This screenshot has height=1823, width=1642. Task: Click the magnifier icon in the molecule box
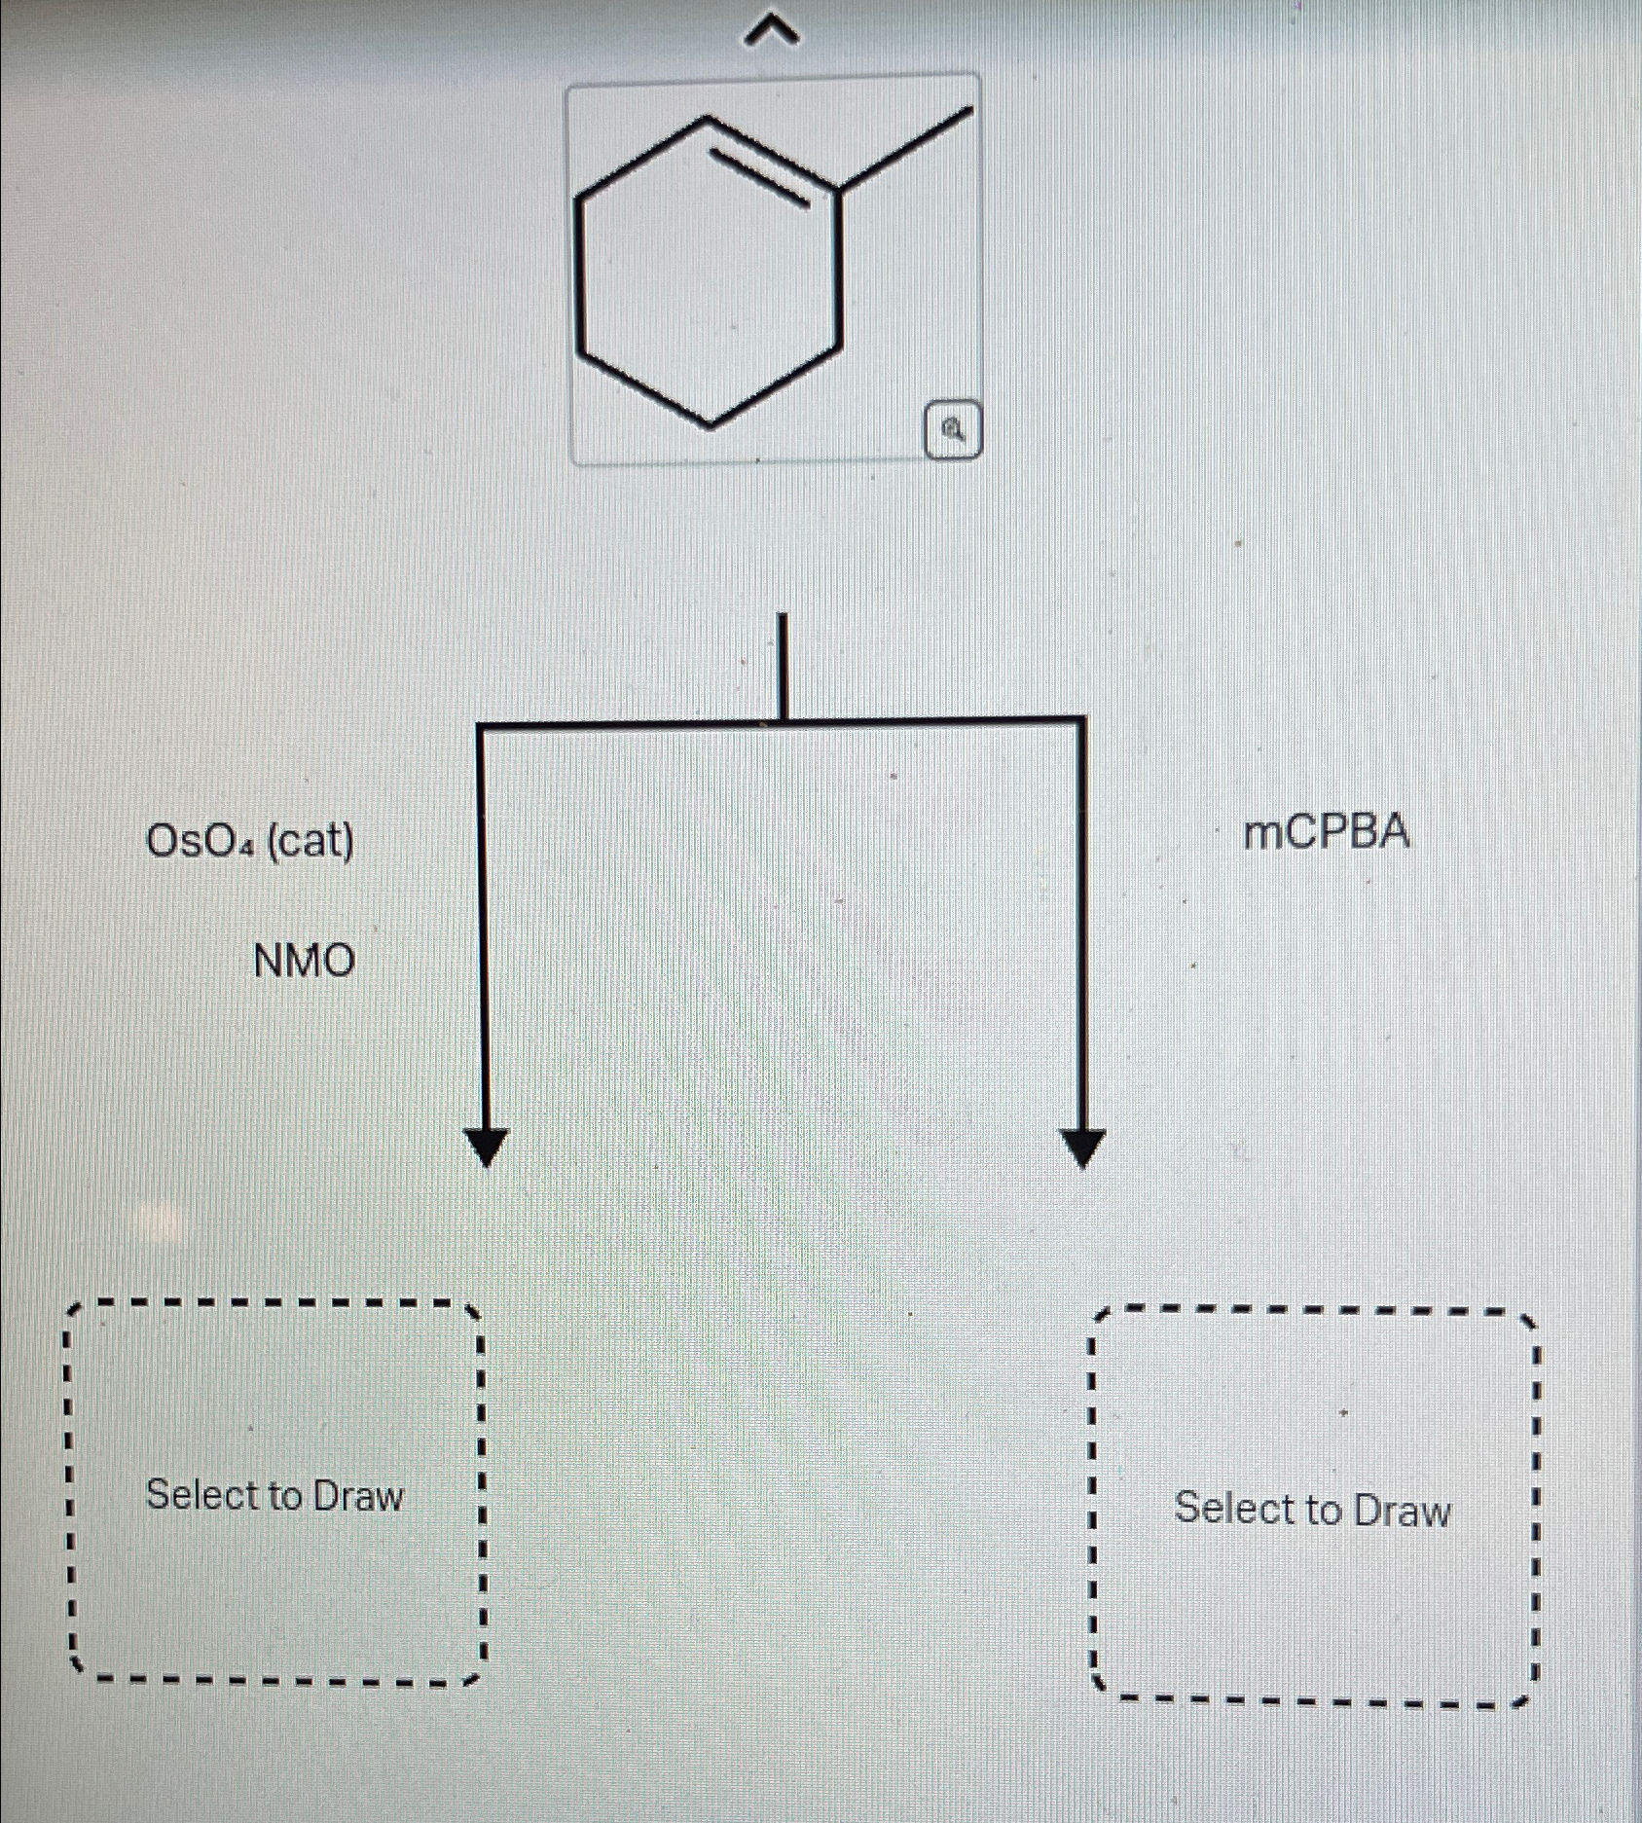(953, 429)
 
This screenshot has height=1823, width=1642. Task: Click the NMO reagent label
(304, 962)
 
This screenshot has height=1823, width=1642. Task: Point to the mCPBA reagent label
(1327, 833)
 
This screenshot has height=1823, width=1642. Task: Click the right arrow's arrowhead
(1082, 1147)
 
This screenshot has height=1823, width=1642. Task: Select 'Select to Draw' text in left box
(274, 1494)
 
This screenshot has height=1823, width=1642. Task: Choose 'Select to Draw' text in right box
(1312, 1509)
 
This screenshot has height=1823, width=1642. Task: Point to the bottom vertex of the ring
(710, 424)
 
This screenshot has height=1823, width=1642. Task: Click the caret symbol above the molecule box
(773, 34)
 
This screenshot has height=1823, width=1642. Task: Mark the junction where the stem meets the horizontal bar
(781, 722)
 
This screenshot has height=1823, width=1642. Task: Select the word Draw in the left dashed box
(358, 1495)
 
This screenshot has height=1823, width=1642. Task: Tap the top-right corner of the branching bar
(1082, 721)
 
